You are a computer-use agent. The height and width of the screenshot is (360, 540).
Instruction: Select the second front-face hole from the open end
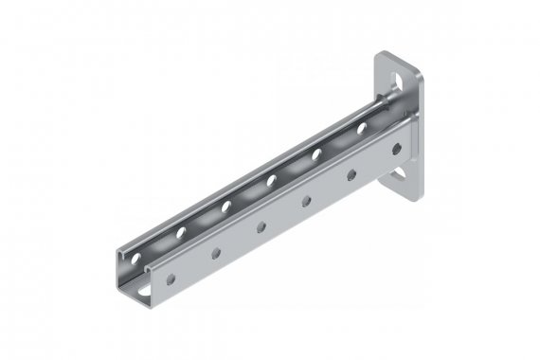coord(217,252)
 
